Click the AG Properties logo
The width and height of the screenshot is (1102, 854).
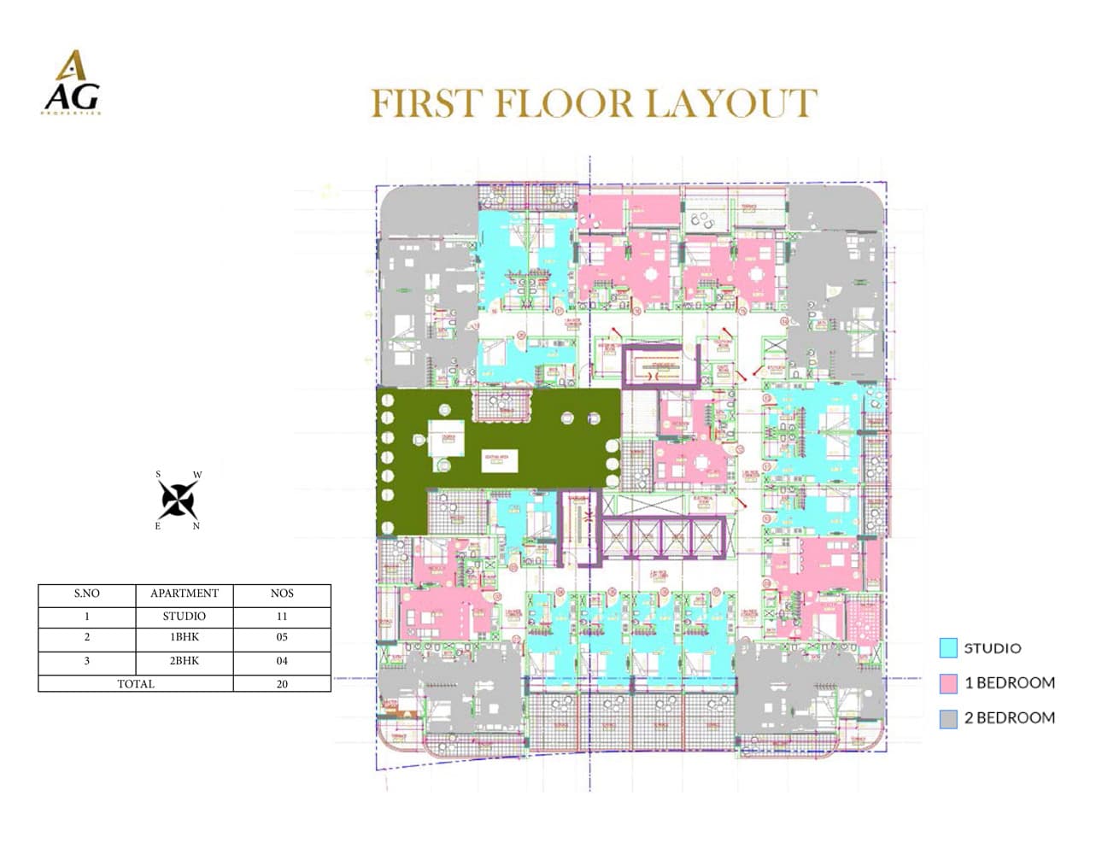point(72,84)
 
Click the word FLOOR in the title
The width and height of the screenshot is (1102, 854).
point(563,104)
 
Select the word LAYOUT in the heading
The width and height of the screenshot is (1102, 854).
point(731,104)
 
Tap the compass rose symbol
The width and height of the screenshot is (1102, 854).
point(179,500)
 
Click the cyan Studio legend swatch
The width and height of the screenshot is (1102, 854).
point(948,648)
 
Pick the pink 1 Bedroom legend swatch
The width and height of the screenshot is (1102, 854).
point(948,683)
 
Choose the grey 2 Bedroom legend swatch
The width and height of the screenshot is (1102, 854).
point(948,718)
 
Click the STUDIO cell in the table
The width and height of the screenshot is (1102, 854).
point(184,616)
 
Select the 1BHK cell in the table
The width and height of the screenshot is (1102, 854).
point(184,637)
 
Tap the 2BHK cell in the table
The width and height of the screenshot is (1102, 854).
point(184,661)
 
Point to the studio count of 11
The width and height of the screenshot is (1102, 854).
point(282,616)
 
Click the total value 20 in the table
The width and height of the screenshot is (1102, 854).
point(282,684)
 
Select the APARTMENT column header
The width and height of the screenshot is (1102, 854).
point(184,594)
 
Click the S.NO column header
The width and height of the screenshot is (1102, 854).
point(86,594)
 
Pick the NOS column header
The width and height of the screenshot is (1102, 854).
point(282,594)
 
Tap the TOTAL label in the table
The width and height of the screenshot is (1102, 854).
point(136,684)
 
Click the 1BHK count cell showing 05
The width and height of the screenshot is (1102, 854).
point(282,637)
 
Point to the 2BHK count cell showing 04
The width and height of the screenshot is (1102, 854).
point(282,661)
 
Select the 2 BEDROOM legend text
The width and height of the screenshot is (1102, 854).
point(1009,718)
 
